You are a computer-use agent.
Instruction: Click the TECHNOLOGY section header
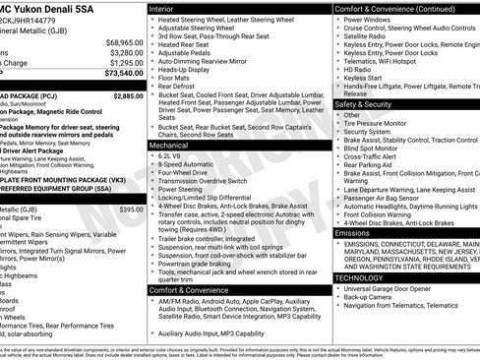(360, 277)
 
